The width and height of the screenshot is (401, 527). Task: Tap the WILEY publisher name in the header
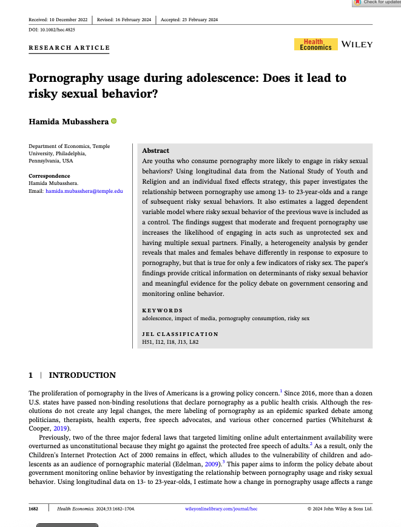tap(357, 44)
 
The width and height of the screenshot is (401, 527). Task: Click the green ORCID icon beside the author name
tap(113, 121)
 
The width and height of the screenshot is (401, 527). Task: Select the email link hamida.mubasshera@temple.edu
tap(84, 190)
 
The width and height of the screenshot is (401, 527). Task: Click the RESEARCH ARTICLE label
tap(70, 48)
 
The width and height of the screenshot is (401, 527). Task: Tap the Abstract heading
tap(155, 150)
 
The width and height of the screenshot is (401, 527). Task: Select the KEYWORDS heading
tap(162, 310)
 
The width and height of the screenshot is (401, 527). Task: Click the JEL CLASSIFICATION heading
tap(180, 334)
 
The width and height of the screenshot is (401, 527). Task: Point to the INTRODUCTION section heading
tap(82, 375)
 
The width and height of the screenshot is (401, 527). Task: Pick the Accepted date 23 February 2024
tap(189, 19)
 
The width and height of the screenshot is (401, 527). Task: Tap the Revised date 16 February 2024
tap(124, 19)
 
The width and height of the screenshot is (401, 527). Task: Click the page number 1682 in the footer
tap(35, 509)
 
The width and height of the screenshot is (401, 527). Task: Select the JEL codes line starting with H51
tap(170, 342)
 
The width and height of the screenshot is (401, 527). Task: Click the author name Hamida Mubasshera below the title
tap(69, 122)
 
